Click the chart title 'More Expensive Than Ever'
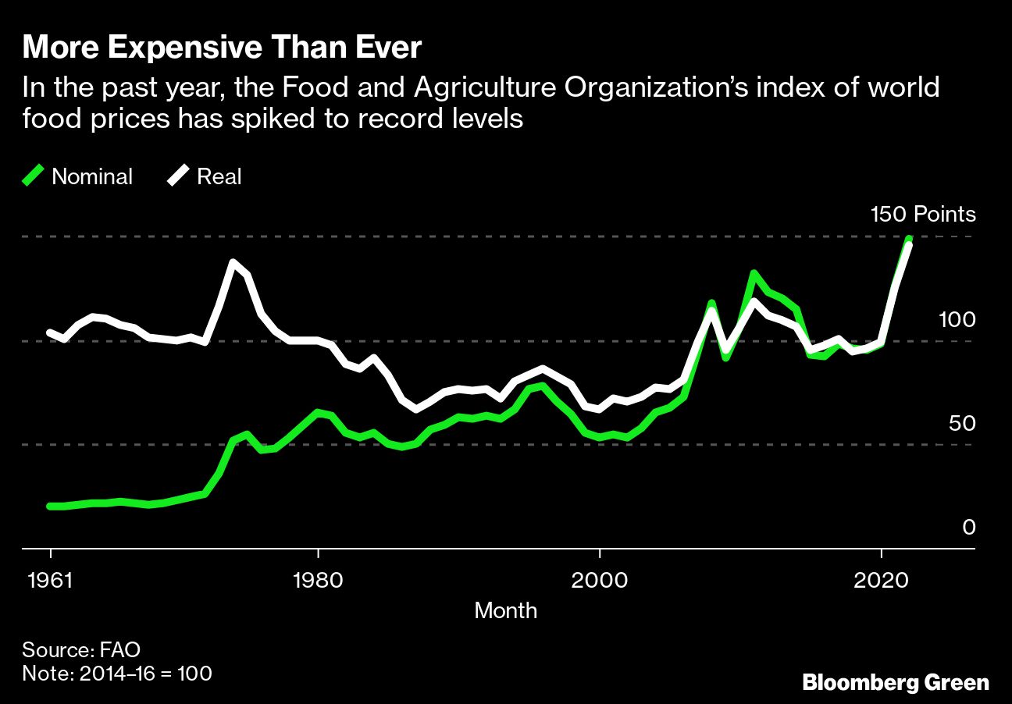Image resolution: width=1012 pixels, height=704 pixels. click(222, 49)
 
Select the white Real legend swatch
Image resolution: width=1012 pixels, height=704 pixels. click(178, 176)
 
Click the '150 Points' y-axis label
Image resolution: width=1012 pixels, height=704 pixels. click(923, 214)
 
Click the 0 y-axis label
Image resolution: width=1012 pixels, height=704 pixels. click(968, 528)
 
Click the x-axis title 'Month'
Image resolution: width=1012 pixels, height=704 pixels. click(505, 610)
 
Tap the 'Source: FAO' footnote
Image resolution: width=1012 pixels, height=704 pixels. click(81, 649)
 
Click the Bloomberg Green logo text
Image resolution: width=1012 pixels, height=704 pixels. click(896, 683)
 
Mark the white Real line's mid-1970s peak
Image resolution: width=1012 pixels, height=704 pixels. click(233, 262)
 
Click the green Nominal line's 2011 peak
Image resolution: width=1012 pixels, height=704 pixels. click(754, 273)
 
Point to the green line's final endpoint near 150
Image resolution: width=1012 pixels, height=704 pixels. click(909, 238)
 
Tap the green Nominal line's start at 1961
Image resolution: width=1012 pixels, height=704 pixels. click(51, 507)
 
